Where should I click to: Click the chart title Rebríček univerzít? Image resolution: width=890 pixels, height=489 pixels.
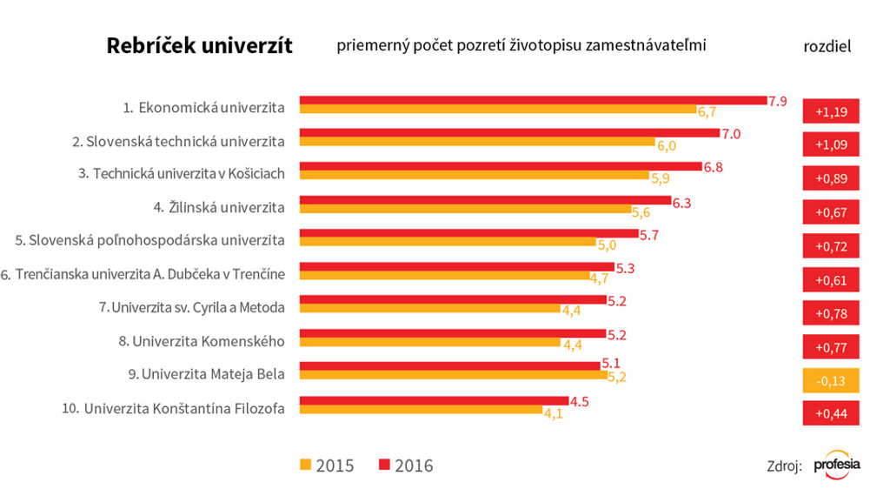[x=199, y=46]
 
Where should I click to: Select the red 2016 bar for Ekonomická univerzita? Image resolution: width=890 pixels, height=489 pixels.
[x=533, y=101]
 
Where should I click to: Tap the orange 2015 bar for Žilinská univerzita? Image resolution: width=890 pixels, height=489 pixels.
[x=465, y=210]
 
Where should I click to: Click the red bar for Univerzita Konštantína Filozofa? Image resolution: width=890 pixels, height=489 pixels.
[x=434, y=401]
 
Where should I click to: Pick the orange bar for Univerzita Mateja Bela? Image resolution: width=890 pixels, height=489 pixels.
[x=454, y=376]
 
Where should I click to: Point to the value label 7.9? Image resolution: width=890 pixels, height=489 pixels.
[x=777, y=101]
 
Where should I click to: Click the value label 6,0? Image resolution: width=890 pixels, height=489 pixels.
[x=666, y=145]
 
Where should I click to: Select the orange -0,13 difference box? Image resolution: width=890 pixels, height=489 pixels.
[x=831, y=380]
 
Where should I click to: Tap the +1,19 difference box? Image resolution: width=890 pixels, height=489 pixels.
[x=831, y=111]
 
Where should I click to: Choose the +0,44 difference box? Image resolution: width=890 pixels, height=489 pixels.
[x=831, y=414]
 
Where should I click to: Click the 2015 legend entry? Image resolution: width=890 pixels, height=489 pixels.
[x=325, y=466]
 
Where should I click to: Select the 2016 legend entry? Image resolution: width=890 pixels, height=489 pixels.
[x=404, y=466]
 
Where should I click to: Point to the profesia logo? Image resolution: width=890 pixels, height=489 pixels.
[x=837, y=465]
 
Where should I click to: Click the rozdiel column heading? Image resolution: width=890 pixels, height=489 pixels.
[x=827, y=46]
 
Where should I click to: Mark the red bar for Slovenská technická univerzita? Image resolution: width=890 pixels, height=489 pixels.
[x=510, y=134]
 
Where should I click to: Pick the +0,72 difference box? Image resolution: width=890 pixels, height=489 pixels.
[x=831, y=245]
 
